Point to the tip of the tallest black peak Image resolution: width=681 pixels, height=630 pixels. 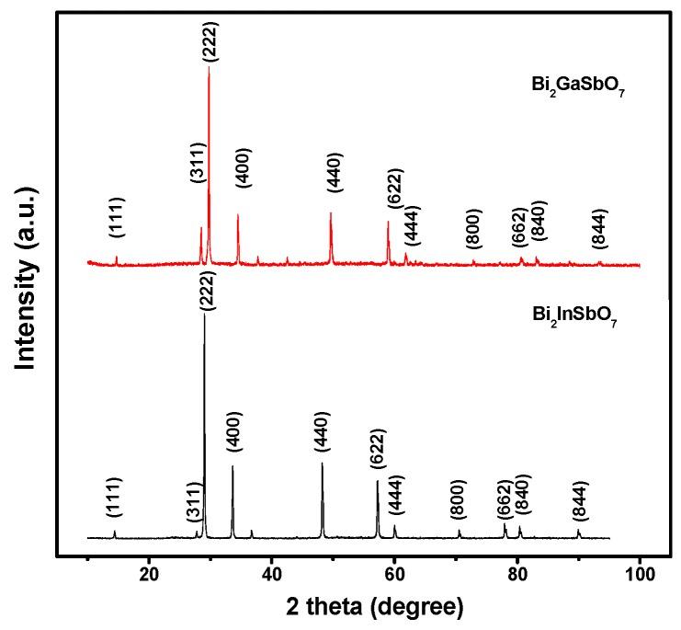click(x=204, y=315)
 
